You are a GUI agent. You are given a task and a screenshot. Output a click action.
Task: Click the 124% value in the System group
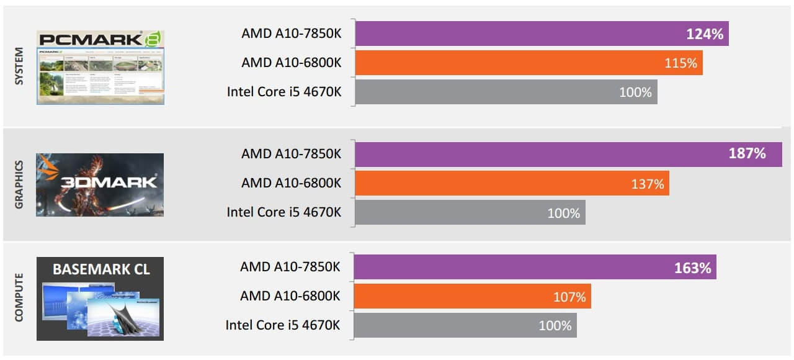(705, 34)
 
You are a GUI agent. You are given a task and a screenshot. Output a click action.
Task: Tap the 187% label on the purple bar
(747, 153)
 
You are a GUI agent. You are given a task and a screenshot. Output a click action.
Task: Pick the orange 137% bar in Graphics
(512, 183)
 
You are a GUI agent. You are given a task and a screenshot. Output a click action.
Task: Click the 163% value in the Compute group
(692, 268)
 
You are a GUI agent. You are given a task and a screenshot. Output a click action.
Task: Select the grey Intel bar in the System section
(506, 92)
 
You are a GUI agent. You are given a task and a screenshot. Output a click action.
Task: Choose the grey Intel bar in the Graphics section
(470, 212)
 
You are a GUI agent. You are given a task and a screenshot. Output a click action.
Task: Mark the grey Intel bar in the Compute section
(465, 325)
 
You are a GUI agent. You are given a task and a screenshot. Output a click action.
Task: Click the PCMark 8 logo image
(100, 67)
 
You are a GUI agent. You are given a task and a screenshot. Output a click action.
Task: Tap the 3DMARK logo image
(100, 185)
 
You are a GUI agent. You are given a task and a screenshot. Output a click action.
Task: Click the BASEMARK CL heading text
(100, 269)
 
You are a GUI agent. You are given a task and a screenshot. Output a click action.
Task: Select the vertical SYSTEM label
(18, 66)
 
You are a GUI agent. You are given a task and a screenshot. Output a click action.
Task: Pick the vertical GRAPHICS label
(18, 184)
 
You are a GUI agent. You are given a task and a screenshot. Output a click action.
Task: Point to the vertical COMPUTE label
(18, 297)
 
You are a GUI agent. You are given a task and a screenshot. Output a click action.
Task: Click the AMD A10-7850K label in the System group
(291, 34)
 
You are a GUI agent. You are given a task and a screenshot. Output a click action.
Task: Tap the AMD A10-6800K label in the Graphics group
(291, 183)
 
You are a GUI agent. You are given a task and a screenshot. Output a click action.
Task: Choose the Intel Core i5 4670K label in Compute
(283, 325)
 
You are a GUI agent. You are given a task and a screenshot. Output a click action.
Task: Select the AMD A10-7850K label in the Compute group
(290, 267)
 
